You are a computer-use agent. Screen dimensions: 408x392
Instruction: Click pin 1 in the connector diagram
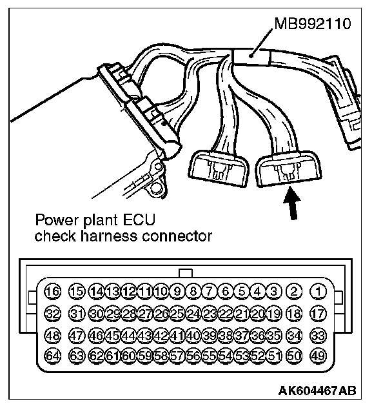(318, 291)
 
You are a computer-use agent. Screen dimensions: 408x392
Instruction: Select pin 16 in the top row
(54, 291)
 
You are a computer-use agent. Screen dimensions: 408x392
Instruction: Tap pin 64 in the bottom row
(54, 356)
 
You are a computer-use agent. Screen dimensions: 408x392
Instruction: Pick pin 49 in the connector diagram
(318, 356)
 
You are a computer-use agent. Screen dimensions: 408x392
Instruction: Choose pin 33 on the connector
(318, 335)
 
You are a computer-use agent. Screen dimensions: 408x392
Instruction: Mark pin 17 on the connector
(318, 314)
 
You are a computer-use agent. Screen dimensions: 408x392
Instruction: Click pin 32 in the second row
(54, 314)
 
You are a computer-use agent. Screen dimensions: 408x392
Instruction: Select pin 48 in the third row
(54, 335)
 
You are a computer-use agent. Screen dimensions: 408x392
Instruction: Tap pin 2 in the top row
(294, 291)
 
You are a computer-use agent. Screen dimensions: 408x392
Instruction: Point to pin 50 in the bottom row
(294, 356)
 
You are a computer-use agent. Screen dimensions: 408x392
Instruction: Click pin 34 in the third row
(294, 335)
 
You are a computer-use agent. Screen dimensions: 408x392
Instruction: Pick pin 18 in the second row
(294, 314)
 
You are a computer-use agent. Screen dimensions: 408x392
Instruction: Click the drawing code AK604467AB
(318, 391)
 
